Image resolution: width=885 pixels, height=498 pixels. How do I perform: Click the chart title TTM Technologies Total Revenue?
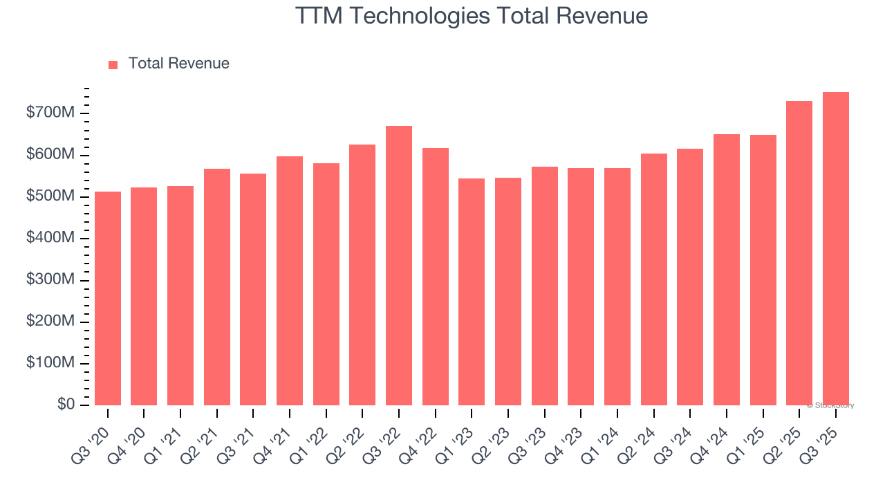coord(472,16)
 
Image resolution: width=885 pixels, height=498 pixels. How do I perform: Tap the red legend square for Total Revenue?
coord(113,64)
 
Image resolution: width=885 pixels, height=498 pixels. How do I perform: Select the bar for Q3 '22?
coord(399,266)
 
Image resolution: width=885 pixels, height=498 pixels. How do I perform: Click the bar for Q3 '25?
coord(835,248)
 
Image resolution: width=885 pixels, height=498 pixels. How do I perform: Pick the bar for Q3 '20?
coord(108,298)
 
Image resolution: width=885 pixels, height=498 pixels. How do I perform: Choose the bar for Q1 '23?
coord(472,292)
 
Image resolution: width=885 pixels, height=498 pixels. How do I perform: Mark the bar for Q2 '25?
coord(799,253)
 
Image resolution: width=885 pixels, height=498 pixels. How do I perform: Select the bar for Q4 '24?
coord(727,270)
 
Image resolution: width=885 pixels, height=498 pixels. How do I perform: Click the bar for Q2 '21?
coord(217,287)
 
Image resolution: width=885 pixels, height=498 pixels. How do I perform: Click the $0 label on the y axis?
coord(66,405)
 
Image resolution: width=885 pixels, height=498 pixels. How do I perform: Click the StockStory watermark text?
coord(830,405)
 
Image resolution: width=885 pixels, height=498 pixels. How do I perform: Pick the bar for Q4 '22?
coord(436,277)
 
